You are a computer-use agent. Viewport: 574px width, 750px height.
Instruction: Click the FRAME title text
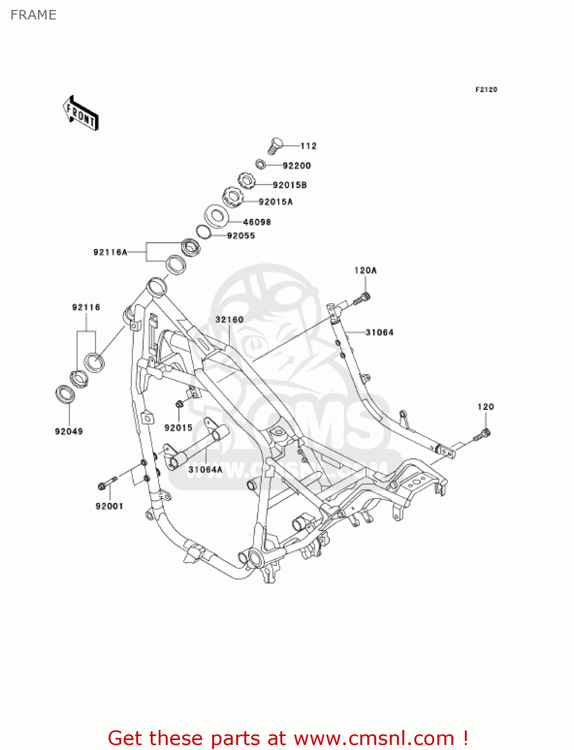[x=34, y=15]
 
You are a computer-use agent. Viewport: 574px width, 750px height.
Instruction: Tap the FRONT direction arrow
[x=81, y=113]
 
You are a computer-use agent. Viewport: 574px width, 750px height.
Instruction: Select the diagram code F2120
[x=486, y=89]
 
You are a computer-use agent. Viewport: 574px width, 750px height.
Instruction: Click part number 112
[x=308, y=146]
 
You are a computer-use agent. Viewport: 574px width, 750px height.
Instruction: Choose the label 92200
[x=297, y=165]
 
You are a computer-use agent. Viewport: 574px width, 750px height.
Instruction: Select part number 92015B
[x=290, y=185]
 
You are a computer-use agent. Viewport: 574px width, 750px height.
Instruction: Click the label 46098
[x=257, y=222]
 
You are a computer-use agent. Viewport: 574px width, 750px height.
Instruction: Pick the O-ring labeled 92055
[x=203, y=231]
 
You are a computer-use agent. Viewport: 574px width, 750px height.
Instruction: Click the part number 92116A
[x=110, y=252]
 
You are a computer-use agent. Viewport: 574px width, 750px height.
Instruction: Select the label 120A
[x=365, y=270]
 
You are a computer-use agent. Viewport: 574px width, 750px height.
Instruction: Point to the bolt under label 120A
[x=363, y=299]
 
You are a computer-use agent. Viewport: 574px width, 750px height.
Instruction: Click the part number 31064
[x=379, y=332]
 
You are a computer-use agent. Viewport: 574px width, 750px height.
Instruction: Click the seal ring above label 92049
[x=65, y=394]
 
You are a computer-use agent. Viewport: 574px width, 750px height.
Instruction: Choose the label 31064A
[x=205, y=469]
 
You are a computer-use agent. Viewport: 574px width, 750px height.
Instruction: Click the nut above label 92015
[x=179, y=404]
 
